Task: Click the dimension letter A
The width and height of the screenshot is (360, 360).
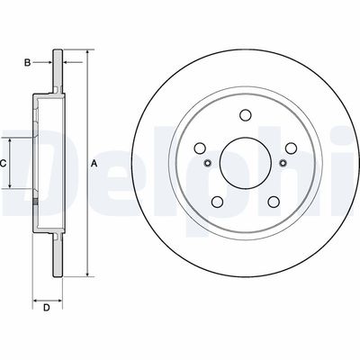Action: [x=94, y=163]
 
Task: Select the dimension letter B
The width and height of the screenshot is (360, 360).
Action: [x=28, y=62]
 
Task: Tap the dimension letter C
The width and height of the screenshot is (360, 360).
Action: [x=4, y=163]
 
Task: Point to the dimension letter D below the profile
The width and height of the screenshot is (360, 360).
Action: [x=46, y=310]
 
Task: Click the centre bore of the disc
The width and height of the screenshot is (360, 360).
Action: [x=245, y=163]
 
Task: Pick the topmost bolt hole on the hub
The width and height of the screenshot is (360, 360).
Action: [x=245, y=114]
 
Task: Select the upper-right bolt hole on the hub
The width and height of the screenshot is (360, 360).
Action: [x=291, y=148]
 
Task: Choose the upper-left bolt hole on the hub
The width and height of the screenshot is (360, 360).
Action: [x=199, y=148]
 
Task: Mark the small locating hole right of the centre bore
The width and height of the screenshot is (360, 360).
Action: [x=283, y=163]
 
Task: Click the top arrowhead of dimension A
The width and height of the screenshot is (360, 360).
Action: [x=87, y=53]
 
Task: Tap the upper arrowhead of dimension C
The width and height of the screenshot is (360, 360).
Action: [x=11, y=139]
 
